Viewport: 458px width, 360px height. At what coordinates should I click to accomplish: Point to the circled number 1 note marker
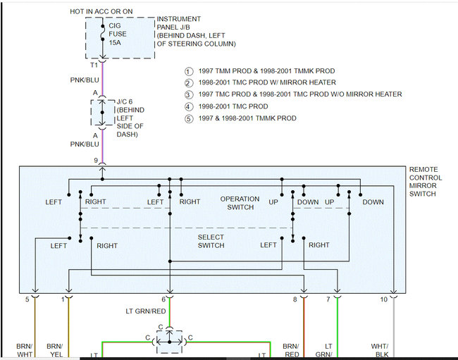coord(188,71)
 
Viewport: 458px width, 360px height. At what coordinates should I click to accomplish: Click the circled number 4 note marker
coord(188,106)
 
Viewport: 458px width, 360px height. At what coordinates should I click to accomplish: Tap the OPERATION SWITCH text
coord(240,203)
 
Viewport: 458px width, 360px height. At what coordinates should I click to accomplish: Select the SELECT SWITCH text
coord(211,241)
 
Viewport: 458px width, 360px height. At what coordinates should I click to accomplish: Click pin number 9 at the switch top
coord(97,161)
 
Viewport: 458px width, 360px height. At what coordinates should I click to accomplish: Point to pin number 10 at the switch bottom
coord(383,300)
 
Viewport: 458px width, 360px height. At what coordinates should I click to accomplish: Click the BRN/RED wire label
coord(291,350)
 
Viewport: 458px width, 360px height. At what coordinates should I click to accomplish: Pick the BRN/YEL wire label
coord(54,350)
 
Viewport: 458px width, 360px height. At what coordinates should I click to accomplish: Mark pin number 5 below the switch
coord(27,300)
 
